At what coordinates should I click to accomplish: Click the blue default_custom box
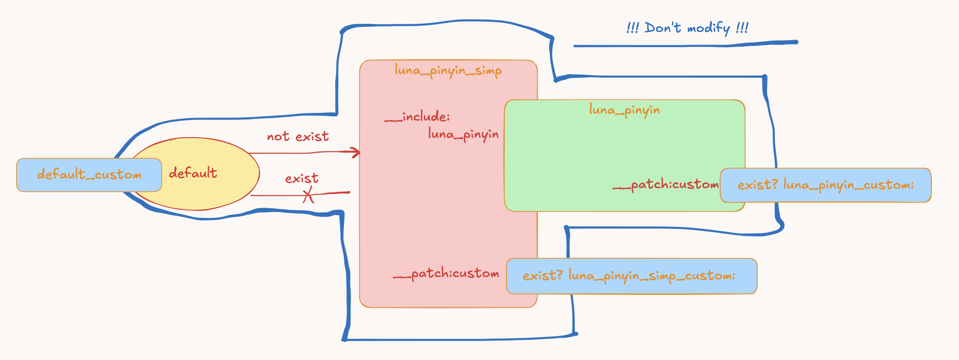point(89,175)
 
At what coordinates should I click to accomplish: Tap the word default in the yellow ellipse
point(193,173)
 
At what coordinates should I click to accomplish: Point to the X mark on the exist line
point(308,195)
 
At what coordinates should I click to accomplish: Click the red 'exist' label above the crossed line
point(302,178)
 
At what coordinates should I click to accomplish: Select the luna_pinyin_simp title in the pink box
point(448,70)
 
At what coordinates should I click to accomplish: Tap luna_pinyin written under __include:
point(463,134)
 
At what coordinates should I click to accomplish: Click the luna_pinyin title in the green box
point(624,110)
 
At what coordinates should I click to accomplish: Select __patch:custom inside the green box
point(666,184)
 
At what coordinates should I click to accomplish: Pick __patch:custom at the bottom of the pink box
point(446,274)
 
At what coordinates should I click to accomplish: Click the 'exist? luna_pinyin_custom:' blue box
point(825,185)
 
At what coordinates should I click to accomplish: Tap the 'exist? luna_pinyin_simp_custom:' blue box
point(631,276)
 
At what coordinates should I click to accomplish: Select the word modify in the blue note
point(709,28)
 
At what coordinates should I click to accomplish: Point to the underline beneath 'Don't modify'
point(685,45)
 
